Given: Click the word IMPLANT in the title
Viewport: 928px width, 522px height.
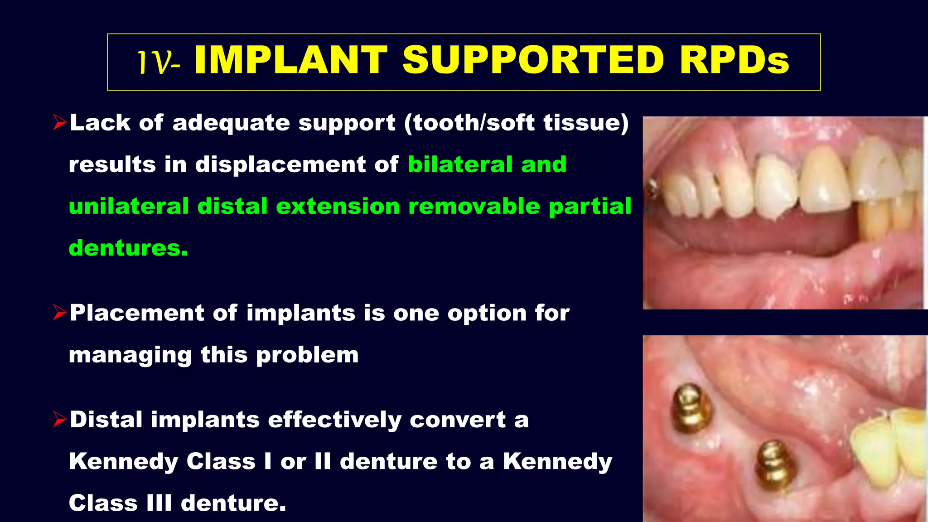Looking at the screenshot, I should [290, 60].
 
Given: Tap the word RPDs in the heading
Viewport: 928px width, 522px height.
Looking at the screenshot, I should [734, 60].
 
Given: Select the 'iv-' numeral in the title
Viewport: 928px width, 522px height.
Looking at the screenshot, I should [159, 63].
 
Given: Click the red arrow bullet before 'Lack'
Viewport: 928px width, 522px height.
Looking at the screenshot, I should [59, 122].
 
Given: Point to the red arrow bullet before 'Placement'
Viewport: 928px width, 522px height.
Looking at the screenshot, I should [59, 313].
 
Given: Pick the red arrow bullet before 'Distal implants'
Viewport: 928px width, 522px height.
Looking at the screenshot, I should [59, 419].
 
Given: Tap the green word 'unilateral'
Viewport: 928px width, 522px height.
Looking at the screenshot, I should [129, 206].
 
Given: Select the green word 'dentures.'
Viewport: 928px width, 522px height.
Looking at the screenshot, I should [128, 248].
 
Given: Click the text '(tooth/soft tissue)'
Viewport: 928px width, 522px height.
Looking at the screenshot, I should [517, 123].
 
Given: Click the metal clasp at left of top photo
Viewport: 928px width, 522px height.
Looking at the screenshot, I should [653, 188].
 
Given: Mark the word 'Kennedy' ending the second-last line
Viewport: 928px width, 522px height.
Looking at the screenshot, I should [557, 461].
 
